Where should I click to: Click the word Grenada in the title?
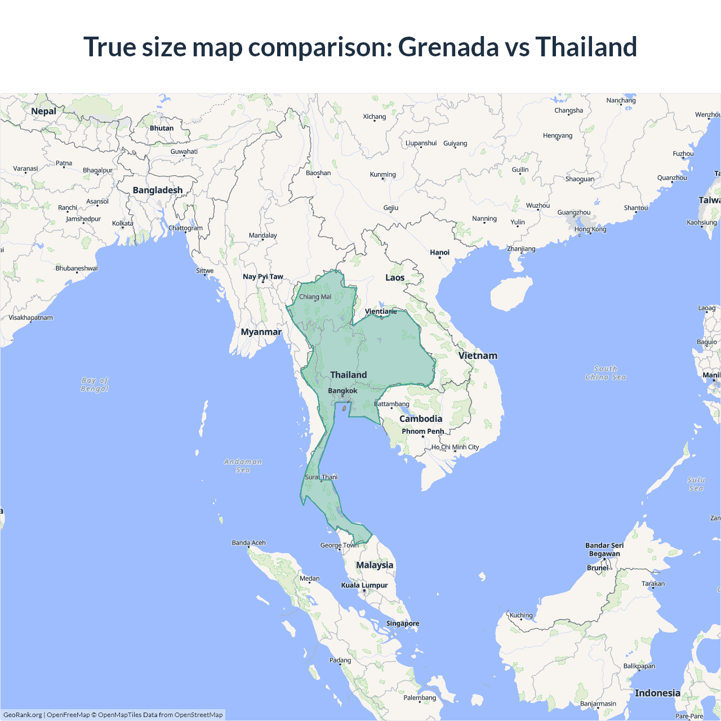click(x=448, y=47)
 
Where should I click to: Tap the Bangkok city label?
click(x=342, y=390)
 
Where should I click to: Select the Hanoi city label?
click(x=439, y=252)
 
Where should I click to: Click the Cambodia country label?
click(x=421, y=419)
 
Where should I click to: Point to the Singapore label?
click(x=402, y=623)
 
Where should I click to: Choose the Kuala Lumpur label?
click(x=364, y=585)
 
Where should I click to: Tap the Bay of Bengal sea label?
click(x=95, y=385)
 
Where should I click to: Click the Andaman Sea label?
click(x=243, y=466)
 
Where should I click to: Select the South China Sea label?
click(x=606, y=373)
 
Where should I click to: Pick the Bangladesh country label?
click(x=158, y=190)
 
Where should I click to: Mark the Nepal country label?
click(x=43, y=111)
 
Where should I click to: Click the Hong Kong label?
click(x=590, y=229)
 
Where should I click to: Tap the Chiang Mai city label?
click(x=315, y=297)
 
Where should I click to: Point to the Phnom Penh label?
click(x=422, y=431)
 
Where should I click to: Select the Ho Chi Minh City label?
click(x=455, y=447)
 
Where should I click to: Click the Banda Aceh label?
click(x=248, y=543)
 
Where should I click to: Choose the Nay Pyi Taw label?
click(x=263, y=277)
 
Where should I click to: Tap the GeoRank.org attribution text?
click(x=23, y=715)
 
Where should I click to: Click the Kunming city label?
click(x=382, y=175)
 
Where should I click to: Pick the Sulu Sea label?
click(x=696, y=484)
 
